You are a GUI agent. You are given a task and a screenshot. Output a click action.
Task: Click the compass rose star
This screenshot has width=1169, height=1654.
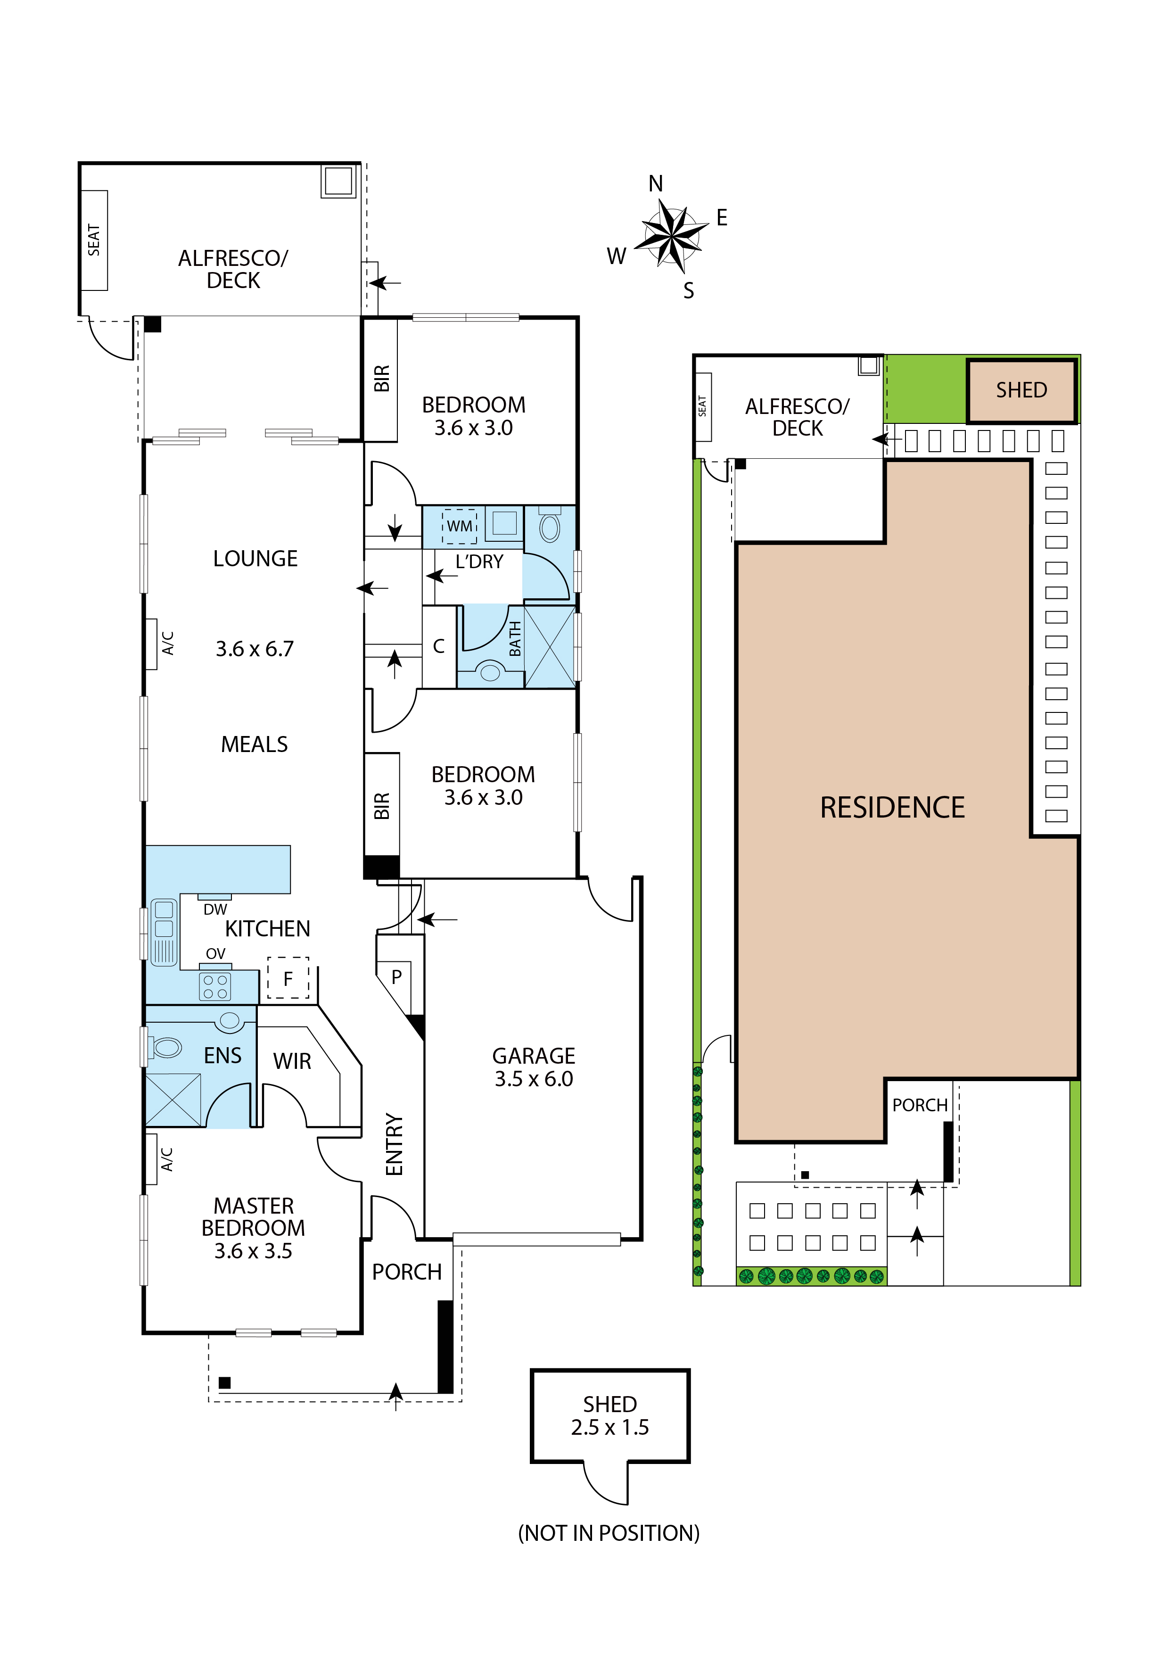click(671, 236)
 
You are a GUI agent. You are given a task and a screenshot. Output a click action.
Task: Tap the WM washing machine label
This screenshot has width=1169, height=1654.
click(460, 526)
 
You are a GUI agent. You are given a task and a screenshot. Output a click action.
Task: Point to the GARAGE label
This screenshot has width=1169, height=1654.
click(534, 1056)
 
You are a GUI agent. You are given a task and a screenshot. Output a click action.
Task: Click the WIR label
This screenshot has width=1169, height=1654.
click(292, 1061)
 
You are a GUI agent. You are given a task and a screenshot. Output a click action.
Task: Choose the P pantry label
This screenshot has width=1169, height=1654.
click(396, 977)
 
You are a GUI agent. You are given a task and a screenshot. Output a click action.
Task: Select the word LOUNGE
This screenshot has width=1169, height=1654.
click(255, 558)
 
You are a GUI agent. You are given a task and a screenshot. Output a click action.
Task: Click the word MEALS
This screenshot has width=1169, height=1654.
click(254, 744)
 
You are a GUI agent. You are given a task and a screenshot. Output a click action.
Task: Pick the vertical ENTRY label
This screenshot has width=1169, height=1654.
click(394, 1144)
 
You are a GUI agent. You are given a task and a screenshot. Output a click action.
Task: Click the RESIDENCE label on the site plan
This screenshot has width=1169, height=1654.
click(892, 808)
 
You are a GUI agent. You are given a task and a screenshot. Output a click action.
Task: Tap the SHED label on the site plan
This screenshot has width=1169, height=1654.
click(1021, 390)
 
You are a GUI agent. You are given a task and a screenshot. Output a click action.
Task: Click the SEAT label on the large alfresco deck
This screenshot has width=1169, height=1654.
click(94, 240)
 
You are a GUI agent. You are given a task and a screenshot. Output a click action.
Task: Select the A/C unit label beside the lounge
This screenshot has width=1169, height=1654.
click(167, 643)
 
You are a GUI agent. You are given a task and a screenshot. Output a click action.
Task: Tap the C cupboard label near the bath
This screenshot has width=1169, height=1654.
click(439, 646)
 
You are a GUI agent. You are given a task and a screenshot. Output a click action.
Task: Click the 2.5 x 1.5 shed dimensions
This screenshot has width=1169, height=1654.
click(610, 1427)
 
